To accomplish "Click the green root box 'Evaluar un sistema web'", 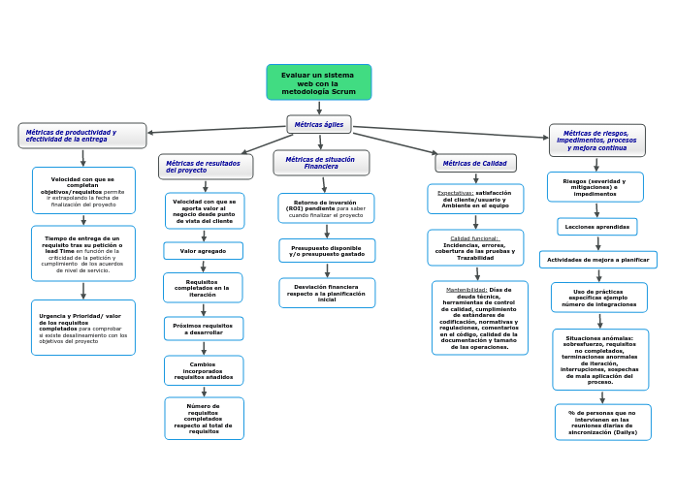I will (x=318, y=82).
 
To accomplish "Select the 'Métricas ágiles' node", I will (x=319, y=124).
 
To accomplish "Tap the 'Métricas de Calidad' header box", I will (x=475, y=163).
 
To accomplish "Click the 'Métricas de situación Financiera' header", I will (x=321, y=163).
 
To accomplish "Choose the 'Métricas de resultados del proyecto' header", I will (x=206, y=167).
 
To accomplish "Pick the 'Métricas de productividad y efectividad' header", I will (x=82, y=136).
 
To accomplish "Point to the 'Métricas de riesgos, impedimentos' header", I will (x=596, y=141).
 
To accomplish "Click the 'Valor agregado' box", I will (x=203, y=251).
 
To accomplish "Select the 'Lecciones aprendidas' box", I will (x=596, y=227).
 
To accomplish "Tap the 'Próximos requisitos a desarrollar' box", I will (x=203, y=330).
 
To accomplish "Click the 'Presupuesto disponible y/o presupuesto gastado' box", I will (x=327, y=251).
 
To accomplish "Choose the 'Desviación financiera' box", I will (x=327, y=293).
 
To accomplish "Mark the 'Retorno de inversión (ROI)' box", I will (x=326, y=208).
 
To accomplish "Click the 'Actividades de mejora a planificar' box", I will (x=597, y=260).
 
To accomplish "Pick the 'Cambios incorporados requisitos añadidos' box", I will (x=204, y=371).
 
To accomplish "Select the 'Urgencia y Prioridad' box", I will (x=83, y=328).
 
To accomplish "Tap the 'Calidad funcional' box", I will (x=475, y=248).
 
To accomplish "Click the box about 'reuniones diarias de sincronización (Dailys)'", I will (x=602, y=423).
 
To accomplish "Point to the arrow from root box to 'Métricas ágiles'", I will (x=319, y=108).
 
